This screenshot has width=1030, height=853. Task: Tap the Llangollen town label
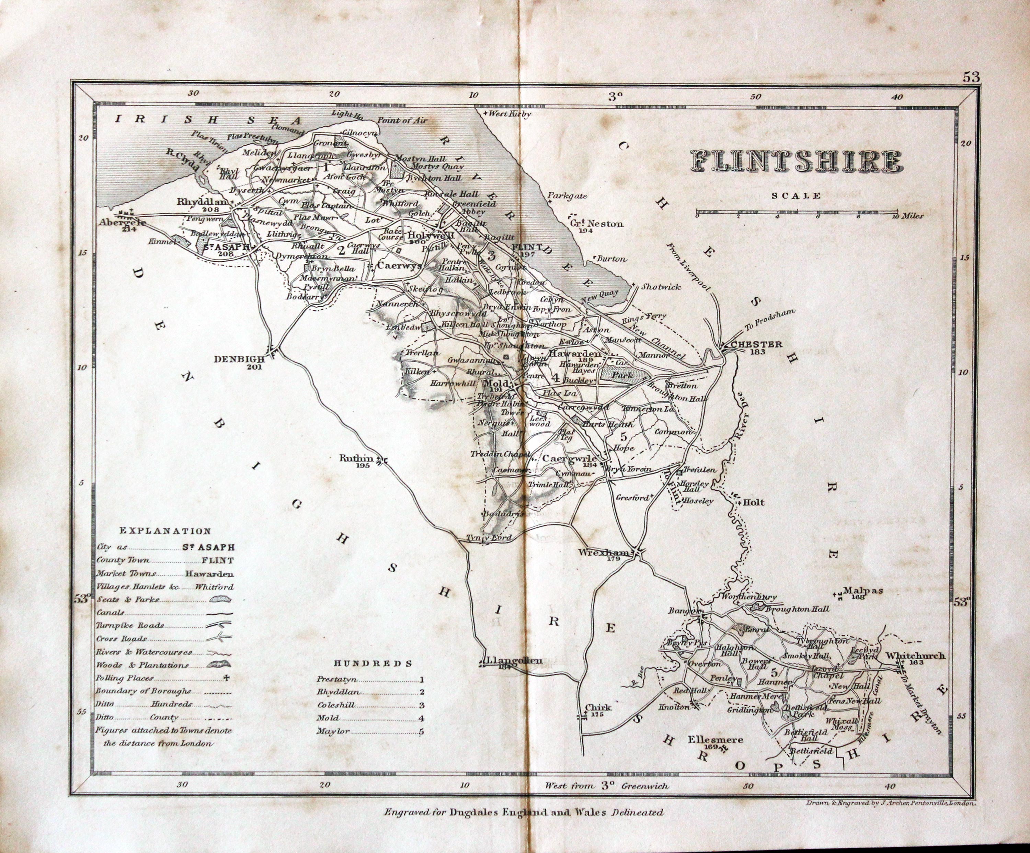pyautogui.click(x=513, y=660)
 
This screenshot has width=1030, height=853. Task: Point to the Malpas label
pyautogui.click(x=863, y=591)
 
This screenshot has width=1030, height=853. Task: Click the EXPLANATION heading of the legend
pyautogui.click(x=165, y=531)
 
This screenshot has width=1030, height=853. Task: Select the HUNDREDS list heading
pyautogui.click(x=373, y=663)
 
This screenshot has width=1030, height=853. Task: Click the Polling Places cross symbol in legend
pyautogui.click(x=226, y=678)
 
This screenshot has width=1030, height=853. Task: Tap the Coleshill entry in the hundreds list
pyautogui.click(x=336, y=705)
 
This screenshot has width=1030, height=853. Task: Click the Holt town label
pyautogui.click(x=754, y=502)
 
